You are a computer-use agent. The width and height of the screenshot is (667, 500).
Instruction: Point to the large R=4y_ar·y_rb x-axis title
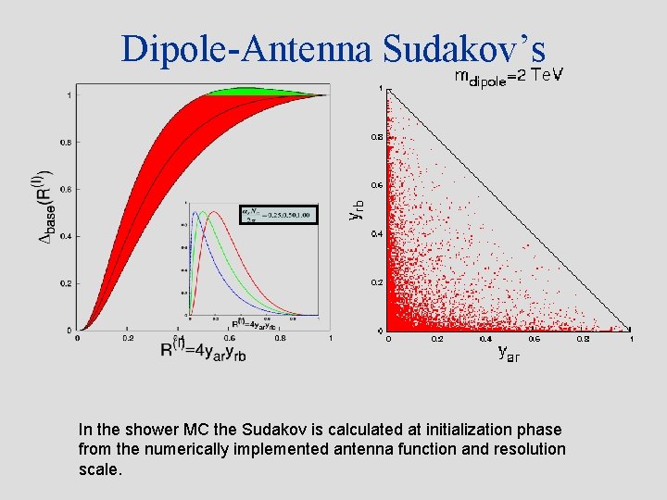point(202,349)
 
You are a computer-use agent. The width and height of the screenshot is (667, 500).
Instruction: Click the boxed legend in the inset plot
point(278,215)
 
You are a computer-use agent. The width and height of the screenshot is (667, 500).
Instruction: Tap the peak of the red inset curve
point(213,213)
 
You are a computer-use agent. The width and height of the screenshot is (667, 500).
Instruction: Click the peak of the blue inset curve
point(195,214)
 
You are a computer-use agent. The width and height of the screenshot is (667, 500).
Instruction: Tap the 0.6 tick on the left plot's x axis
point(230,338)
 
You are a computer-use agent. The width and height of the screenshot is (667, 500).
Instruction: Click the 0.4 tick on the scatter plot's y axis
point(377,233)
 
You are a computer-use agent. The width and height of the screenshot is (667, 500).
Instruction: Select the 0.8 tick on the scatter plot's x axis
point(583,339)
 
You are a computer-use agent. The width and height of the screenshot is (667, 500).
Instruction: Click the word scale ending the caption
point(99,469)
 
